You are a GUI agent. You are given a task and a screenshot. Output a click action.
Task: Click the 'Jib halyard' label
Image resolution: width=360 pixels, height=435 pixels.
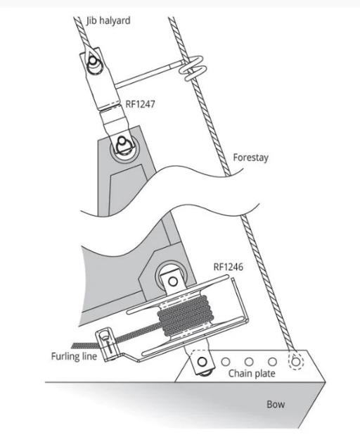pyautogui.click(x=108, y=21)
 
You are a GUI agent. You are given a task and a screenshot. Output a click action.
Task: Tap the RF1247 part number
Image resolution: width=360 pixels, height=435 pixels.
pyautogui.click(x=140, y=104)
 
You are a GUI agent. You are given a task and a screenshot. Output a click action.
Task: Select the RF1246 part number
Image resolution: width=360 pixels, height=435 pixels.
pyautogui.click(x=229, y=267)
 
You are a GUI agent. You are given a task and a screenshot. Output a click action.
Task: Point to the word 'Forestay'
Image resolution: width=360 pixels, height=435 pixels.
pyautogui.click(x=251, y=158)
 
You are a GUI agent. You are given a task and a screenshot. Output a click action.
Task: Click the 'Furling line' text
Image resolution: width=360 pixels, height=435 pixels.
pyautogui.click(x=74, y=356)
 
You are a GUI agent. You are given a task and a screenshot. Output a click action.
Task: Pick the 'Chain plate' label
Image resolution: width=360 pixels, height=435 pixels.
pyautogui.click(x=252, y=374)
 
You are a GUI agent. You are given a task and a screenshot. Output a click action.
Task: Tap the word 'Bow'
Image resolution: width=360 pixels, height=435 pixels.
pyautogui.click(x=276, y=404)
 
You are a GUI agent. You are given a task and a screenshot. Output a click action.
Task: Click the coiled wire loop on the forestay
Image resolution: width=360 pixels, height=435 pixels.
pyautogui.click(x=193, y=68)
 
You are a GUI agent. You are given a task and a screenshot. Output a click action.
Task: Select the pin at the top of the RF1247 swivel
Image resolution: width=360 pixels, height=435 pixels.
pyautogui.click(x=92, y=63)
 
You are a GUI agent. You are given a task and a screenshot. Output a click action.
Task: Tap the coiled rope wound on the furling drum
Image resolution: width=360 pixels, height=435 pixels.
pyautogui.click(x=185, y=315)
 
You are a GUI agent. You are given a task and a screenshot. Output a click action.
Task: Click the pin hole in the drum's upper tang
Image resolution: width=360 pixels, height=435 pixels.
pyautogui.click(x=173, y=282)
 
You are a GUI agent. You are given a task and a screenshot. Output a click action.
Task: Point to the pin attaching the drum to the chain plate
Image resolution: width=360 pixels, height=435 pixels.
pyautogui.click(x=202, y=362)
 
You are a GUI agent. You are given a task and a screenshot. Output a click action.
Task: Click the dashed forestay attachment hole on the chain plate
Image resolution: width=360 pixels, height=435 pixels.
pyautogui.click(x=296, y=362)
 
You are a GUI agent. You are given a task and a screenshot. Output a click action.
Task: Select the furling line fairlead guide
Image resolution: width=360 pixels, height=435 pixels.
pyautogui.click(x=106, y=344)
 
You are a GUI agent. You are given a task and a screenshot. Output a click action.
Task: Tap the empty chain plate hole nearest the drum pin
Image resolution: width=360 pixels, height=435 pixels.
pyautogui.click(x=226, y=362)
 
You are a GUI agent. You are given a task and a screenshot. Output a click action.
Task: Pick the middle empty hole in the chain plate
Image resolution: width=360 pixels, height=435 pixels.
pyautogui.click(x=249, y=362)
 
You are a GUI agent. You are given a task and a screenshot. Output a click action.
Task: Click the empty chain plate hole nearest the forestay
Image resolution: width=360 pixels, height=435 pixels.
pyautogui.click(x=272, y=362)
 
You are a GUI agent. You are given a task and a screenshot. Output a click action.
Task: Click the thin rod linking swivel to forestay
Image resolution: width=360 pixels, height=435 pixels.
pyautogui.click(x=148, y=75)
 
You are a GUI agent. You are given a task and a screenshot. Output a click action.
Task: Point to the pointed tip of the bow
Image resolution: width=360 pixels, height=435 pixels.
pyautogui.click(x=326, y=383)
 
